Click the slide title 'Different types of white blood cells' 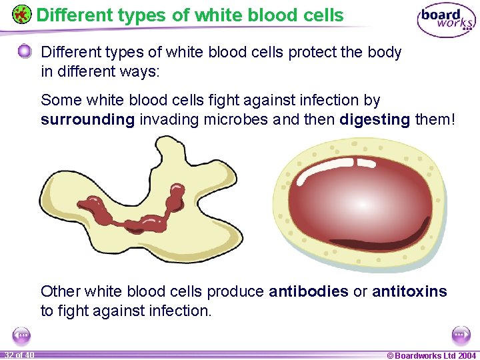[x=190, y=15]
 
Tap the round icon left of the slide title [x=21, y=15]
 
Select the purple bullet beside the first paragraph [x=25, y=52]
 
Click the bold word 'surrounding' [x=88, y=120]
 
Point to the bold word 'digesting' [x=374, y=120]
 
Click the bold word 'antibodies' [x=308, y=291]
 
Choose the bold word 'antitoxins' [x=409, y=291]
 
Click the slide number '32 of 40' [x=19, y=355]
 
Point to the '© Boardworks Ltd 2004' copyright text [x=431, y=355]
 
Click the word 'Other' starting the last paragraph [x=60, y=291]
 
